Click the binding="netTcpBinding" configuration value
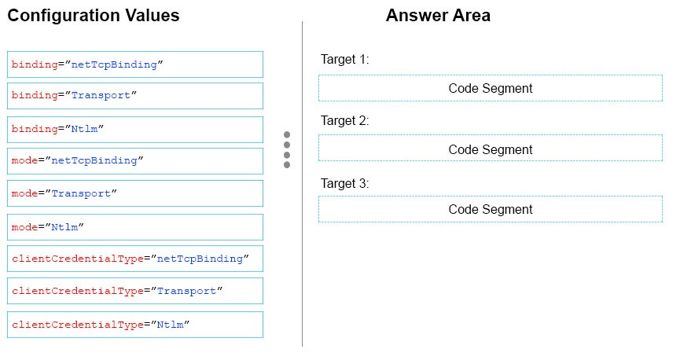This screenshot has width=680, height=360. point(135,64)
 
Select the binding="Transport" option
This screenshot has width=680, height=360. point(135,96)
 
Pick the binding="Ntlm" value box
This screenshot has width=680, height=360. point(135,129)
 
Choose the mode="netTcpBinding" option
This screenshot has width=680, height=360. point(135,161)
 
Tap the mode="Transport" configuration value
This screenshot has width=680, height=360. point(135,193)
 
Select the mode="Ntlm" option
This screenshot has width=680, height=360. point(135,227)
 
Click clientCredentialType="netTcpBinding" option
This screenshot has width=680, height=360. point(135,259)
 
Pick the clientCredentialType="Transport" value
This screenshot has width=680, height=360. point(135,291)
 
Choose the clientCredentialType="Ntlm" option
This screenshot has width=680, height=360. point(135,325)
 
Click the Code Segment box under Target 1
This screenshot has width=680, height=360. point(491,88)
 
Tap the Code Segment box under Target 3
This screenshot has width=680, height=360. point(491,209)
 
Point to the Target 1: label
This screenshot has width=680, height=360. point(345,59)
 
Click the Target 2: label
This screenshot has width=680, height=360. point(345,120)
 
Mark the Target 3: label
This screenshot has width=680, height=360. point(345,183)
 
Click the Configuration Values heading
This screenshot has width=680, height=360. point(94,16)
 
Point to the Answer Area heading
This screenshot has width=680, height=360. point(438,15)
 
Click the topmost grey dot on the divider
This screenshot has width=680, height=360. point(287,134)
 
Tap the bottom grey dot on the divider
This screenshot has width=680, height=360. point(287,165)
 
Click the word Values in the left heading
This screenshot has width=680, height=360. point(153,15)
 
